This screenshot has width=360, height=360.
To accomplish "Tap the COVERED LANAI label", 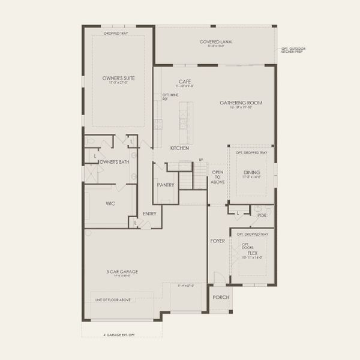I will tap(215, 42).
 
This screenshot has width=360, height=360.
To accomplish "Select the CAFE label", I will tap(184, 81).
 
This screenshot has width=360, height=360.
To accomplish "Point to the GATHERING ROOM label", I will tap(241, 103).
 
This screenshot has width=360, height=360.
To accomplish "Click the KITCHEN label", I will tap(179, 148).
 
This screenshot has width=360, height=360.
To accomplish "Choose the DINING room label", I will tap(251, 172).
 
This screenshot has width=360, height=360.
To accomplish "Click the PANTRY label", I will tap(166, 185).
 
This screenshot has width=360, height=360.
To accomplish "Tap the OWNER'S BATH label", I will tap(115, 162).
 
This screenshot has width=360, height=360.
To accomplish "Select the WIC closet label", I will tap(110, 203).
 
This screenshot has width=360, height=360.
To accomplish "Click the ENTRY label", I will tap(149, 213).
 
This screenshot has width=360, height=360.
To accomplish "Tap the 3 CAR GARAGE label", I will tap(122, 272).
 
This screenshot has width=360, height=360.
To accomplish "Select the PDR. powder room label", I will tap(262, 214).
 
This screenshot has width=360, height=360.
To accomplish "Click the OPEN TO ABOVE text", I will tap(217, 178).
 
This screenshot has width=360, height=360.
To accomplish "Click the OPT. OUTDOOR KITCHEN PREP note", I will tap(293, 50).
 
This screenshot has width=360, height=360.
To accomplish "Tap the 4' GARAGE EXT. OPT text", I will tap(120, 334).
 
